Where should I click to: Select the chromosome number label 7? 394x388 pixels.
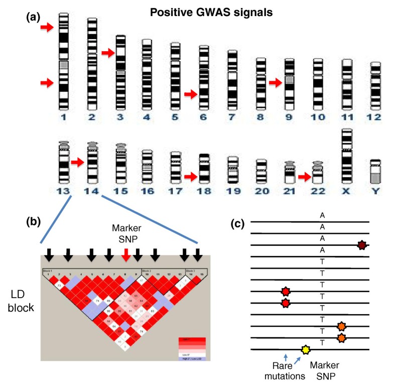pos(232,118)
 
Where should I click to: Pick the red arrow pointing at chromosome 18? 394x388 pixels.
pos(192,176)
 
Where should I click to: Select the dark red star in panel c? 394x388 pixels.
pos(361,245)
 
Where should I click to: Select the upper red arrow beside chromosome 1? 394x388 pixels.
pos(47,28)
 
